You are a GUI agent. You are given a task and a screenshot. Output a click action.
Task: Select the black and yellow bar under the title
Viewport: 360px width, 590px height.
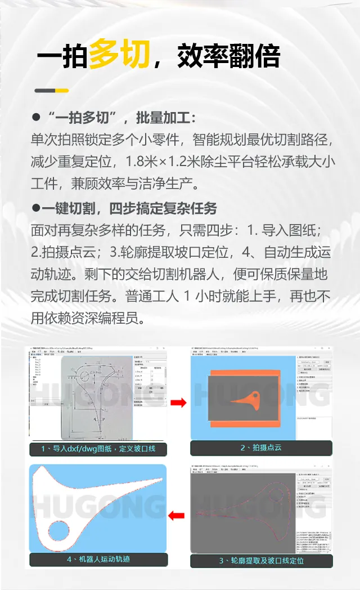[51, 91]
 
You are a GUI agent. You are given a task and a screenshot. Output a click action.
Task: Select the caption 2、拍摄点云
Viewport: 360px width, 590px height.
[261, 448]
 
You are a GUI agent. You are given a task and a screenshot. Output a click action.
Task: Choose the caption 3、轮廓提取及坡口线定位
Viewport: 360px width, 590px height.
[261, 561]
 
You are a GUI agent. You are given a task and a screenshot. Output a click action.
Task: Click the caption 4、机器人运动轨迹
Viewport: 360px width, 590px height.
[98, 560]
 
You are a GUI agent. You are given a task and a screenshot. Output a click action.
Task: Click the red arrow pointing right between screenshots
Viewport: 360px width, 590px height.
[178, 403]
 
